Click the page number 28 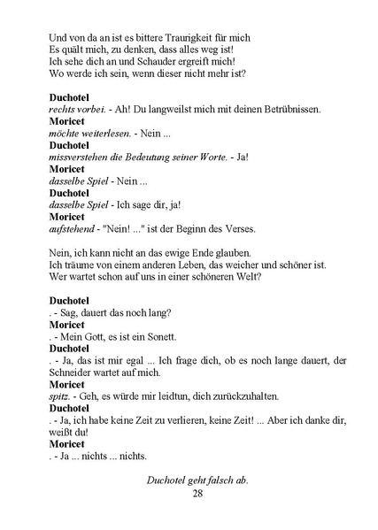[x=197, y=493]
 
